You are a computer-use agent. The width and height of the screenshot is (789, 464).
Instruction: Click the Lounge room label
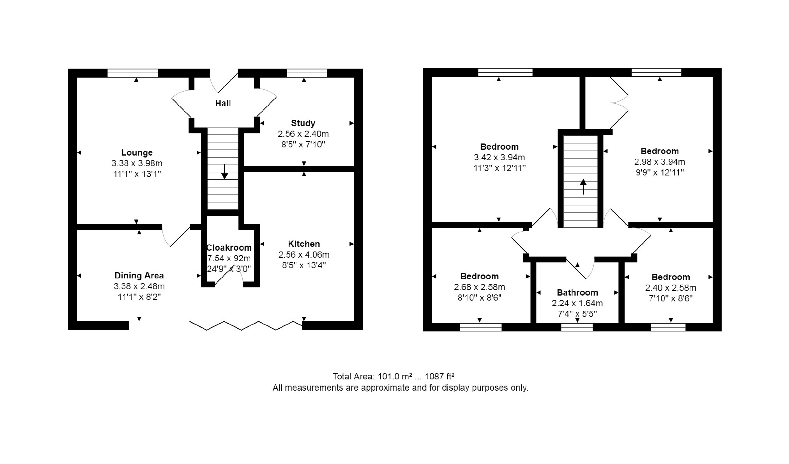(x=137, y=153)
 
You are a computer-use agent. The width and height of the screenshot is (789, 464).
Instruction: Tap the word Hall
(x=223, y=103)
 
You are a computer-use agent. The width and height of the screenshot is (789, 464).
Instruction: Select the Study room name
(x=303, y=123)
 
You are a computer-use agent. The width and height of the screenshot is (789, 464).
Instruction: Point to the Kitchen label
(x=304, y=244)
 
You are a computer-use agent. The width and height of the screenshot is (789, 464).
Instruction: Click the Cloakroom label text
(x=229, y=248)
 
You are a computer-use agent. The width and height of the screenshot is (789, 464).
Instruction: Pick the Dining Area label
(x=139, y=276)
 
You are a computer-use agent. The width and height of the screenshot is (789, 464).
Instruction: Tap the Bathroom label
(x=577, y=293)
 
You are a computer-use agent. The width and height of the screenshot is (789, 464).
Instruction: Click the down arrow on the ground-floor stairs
(x=225, y=172)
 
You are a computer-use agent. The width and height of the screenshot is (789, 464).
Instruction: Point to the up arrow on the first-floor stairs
(x=583, y=186)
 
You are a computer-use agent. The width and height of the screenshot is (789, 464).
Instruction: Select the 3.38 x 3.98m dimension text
(x=137, y=163)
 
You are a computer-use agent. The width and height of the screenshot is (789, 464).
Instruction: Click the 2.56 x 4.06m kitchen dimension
(x=304, y=255)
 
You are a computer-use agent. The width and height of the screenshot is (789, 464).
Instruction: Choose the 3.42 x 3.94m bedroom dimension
(x=499, y=158)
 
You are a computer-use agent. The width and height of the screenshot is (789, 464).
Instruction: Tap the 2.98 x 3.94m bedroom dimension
(x=660, y=162)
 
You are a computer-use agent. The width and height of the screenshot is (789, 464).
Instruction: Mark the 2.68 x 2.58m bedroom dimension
(x=479, y=287)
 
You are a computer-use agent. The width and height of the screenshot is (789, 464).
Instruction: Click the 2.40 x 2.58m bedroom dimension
(x=671, y=288)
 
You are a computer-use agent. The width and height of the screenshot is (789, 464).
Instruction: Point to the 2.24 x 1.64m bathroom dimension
(x=577, y=303)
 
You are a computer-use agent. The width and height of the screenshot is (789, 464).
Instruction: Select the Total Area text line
(x=394, y=377)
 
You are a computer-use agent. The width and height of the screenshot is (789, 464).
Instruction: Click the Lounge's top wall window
(x=133, y=73)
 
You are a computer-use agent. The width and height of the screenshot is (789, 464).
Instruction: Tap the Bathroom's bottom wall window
(x=577, y=327)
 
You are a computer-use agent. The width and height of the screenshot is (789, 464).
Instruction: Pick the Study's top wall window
(x=307, y=73)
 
